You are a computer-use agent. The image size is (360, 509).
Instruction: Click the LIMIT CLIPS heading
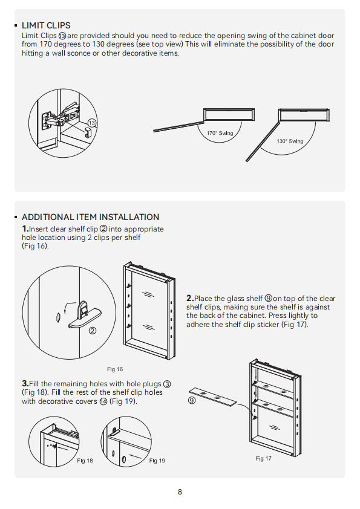click(46, 25)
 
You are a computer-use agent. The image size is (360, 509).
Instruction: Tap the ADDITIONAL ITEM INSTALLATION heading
click(90, 217)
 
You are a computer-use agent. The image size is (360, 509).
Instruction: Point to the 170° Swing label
click(220, 133)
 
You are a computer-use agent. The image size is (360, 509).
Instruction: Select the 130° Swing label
click(290, 141)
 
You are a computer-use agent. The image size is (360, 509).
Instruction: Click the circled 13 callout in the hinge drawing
click(92, 123)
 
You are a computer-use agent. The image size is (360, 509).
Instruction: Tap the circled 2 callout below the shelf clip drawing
click(93, 331)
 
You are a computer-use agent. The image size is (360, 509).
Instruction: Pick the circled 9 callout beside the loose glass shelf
click(192, 401)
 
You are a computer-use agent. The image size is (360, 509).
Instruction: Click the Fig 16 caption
click(115, 369)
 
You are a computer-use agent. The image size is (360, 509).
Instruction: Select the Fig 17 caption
click(264, 458)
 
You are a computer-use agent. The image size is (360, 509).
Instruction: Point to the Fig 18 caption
click(85, 461)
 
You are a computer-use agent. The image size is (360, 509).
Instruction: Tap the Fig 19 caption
click(157, 461)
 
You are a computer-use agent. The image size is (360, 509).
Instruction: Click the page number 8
click(180, 492)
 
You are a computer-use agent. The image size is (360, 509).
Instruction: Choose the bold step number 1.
click(25, 229)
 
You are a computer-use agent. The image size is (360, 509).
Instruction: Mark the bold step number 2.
click(190, 298)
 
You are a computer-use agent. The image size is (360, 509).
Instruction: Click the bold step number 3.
click(25, 384)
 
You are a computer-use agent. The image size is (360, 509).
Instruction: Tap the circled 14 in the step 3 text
click(103, 401)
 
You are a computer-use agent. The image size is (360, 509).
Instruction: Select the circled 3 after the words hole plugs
click(166, 384)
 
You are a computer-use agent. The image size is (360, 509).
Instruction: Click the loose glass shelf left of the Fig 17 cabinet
click(213, 397)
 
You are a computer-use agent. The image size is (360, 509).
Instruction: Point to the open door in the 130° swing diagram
click(263, 142)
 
